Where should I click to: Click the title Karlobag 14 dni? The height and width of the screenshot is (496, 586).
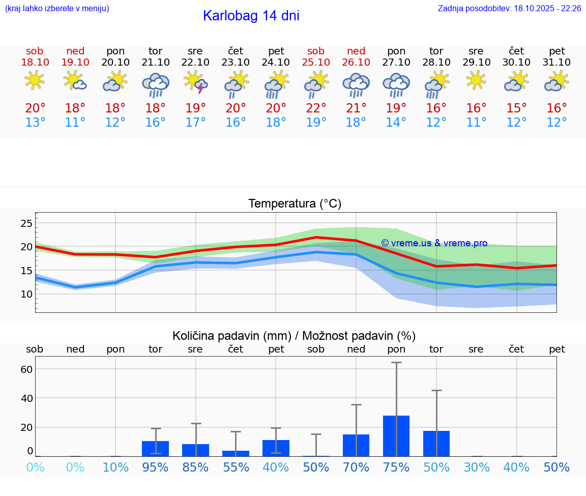(251, 16)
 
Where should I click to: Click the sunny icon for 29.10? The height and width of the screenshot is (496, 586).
(476, 80)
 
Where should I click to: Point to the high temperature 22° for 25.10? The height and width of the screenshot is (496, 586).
(316, 108)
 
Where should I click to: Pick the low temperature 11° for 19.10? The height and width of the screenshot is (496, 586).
(75, 123)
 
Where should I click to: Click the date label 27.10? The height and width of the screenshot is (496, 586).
(396, 63)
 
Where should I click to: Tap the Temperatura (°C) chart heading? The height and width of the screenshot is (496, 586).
(295, 204)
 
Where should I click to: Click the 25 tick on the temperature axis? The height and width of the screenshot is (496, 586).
(26, 223)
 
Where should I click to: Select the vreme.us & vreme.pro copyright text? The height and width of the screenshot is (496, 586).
(434, 243)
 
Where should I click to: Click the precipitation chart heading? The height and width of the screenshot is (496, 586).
(294, 336)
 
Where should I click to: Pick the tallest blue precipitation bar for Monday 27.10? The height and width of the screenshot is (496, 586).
(396, 436)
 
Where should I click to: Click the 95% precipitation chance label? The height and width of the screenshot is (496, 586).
(155, 468)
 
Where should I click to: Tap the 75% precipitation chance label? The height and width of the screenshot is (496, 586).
(396, 468)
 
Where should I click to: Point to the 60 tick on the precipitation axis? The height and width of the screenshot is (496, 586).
(26, 369)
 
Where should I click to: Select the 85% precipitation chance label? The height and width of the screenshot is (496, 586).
(195, 468)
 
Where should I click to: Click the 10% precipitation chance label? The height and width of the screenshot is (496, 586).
(115, 468)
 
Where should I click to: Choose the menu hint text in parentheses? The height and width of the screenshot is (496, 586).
(57, 9)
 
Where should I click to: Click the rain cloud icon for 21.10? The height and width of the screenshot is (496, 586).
(156, 84)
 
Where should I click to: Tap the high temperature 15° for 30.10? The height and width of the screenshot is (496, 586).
(516, 108)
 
